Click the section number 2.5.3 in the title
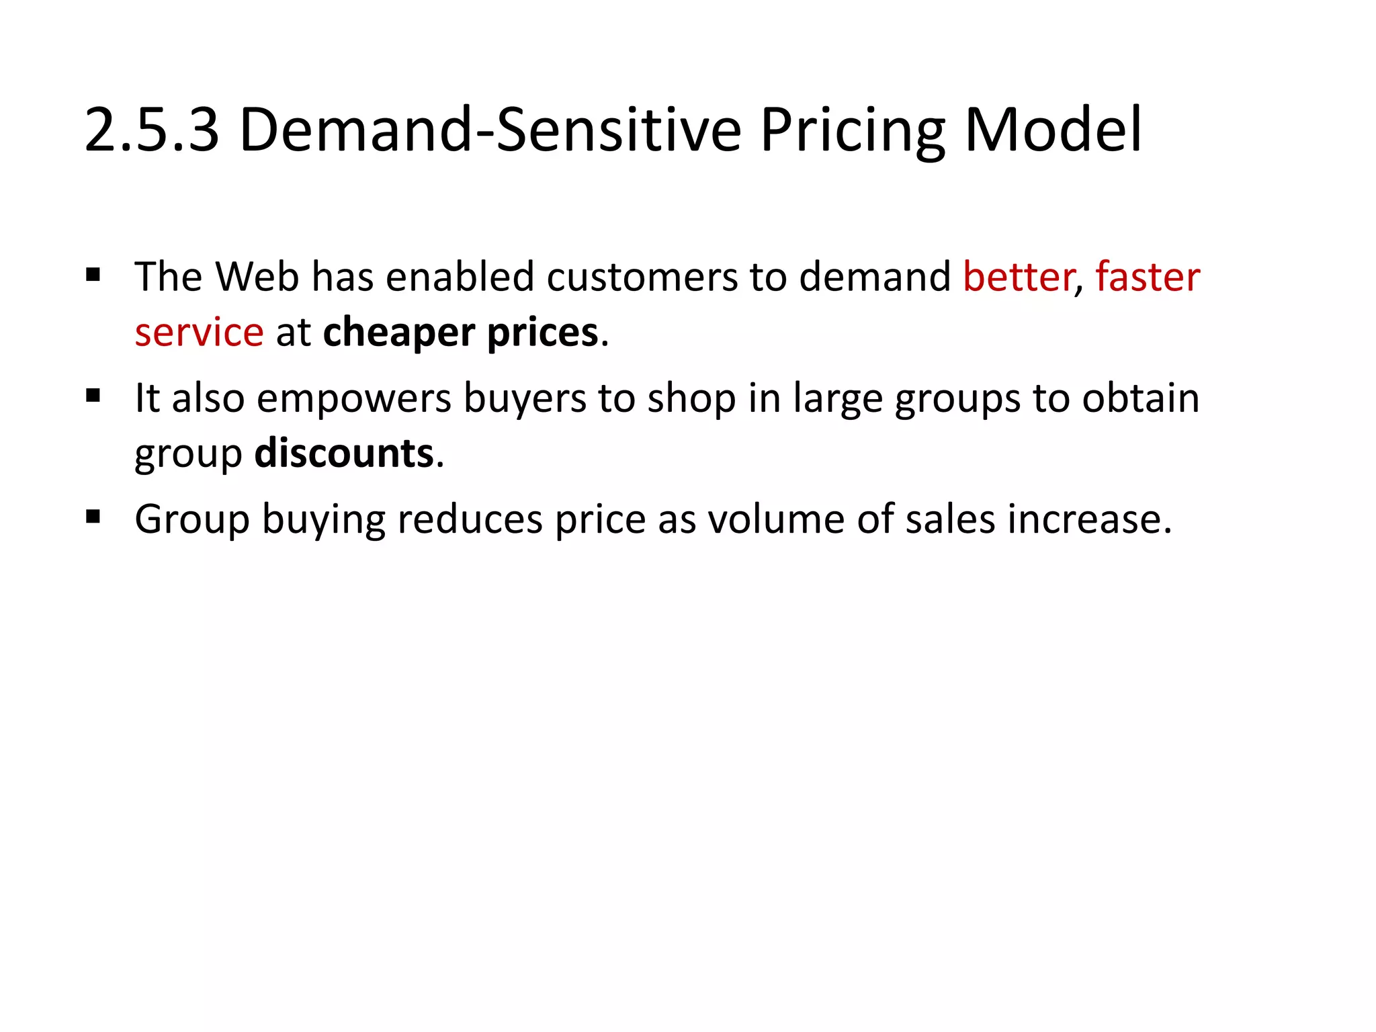[152, 130]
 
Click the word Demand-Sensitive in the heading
[490, 130]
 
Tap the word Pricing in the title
[853, 130]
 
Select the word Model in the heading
[1053, 130]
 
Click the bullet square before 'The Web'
[93, 275]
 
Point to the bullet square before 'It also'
[93, 396]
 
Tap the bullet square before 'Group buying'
[93, 517]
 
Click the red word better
[1018, 277]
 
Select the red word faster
[1148, 277]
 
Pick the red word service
[199, 333]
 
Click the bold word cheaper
[398, 333]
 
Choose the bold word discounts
[344, 454]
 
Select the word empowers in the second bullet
[354, 398]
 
